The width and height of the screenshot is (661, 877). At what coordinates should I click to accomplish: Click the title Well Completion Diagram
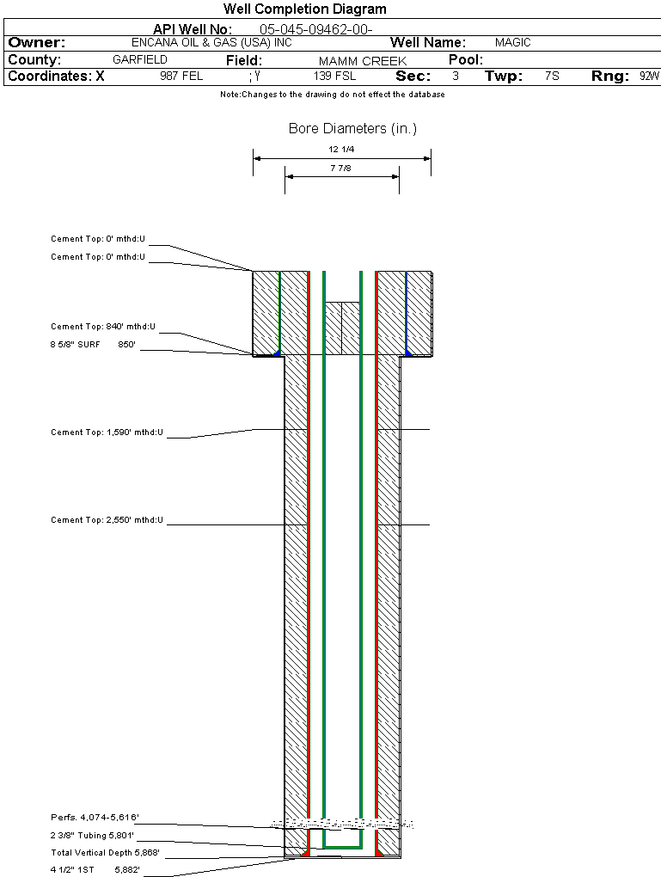coord(304,9)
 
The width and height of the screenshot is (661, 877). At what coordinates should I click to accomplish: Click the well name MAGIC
coord(513,42)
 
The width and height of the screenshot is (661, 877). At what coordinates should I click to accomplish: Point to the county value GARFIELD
coord(140,60)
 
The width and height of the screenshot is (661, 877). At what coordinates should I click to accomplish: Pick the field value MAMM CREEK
coord(362,61)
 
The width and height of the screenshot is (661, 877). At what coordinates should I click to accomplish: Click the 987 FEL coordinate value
coord(181,77)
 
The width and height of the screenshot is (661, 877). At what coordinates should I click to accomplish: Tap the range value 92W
coord(649,77)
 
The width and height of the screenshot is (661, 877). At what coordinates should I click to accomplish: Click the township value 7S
coord(552,77)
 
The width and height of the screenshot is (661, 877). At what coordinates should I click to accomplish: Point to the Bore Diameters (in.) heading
coord(352,129)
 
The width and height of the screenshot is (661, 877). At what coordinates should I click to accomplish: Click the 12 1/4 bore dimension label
coord(341,150)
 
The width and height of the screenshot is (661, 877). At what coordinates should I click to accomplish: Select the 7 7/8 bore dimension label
coord(341,169)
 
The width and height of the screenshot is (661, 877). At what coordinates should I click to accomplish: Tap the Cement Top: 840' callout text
coord(107,327)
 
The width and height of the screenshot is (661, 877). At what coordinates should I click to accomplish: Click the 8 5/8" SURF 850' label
coord(94,345)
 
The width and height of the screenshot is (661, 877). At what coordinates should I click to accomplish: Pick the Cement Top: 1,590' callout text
coord(107,432)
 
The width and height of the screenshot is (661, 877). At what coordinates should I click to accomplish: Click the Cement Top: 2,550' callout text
coord(107,520)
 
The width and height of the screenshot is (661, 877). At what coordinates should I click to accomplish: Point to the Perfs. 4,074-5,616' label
coord(95,817)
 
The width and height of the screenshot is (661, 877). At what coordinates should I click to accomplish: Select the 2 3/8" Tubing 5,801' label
coord(92,835)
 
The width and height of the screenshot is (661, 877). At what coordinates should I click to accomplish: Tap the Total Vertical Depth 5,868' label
coord(105,853)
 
